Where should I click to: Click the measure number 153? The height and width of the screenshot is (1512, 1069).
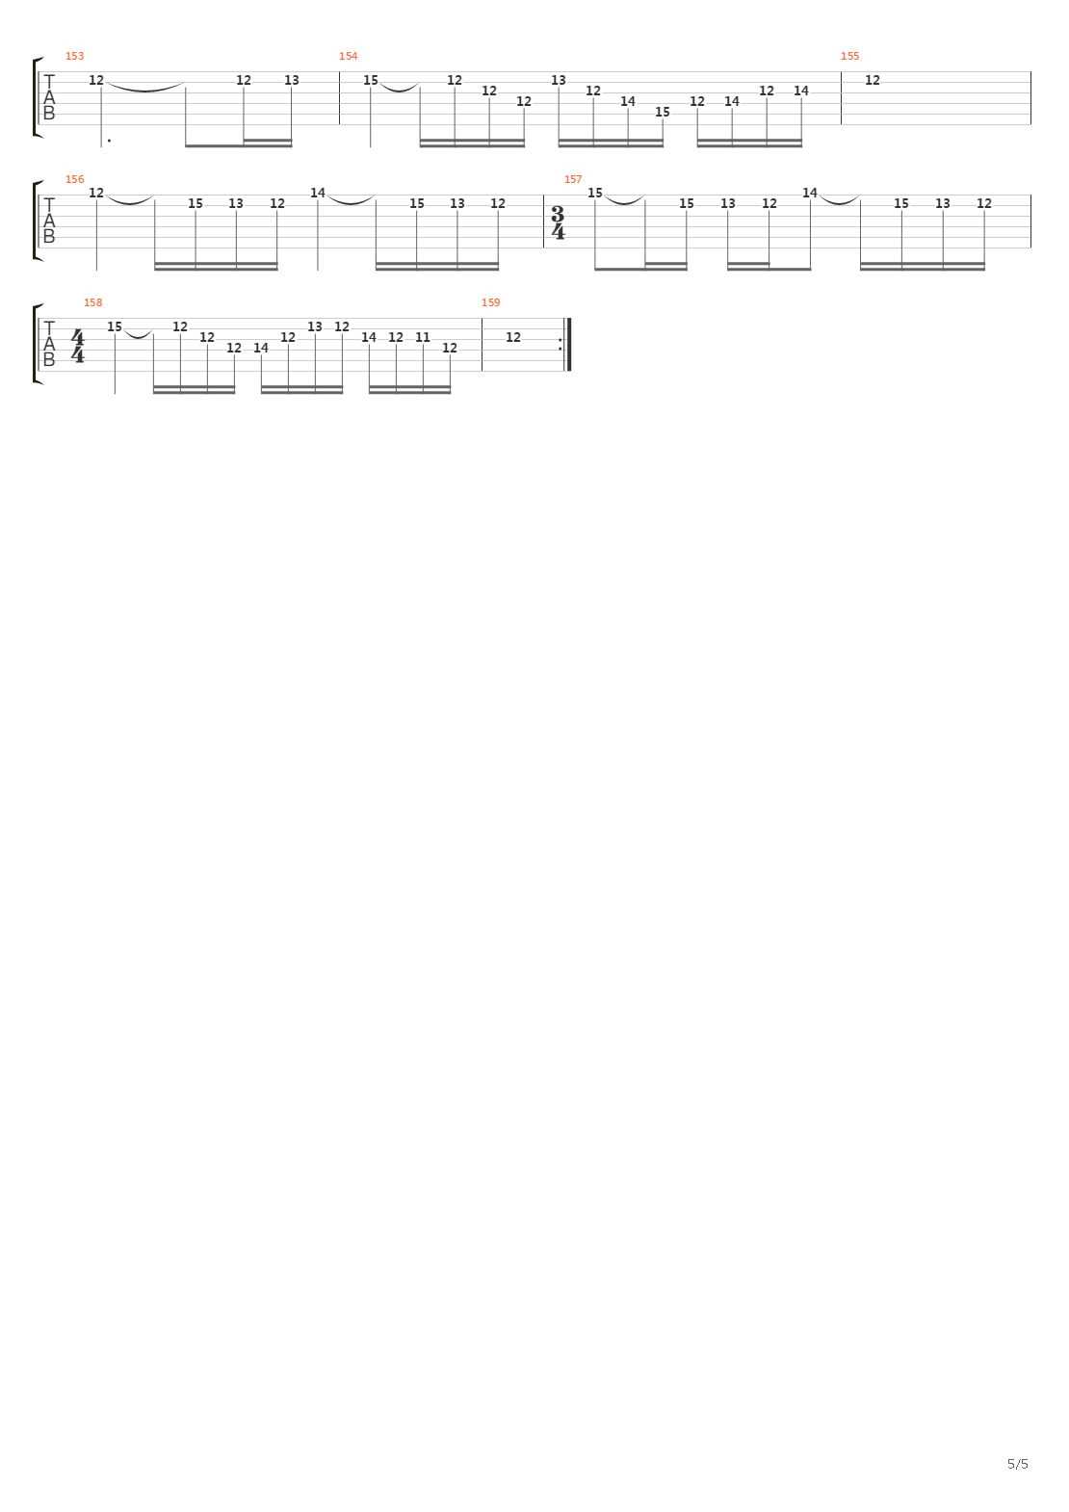pos(74,56)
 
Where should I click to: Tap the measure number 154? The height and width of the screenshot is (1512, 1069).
pos(349,56)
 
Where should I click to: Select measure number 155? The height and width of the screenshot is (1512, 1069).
pos(849,56)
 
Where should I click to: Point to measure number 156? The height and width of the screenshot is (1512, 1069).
pos(74,179)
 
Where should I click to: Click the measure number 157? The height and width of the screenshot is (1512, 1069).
pos(573,179)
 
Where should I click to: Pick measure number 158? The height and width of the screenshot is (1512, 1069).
pos(92,303)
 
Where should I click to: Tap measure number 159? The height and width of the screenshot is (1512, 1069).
pos(490,303)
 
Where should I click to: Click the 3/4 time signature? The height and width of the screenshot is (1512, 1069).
pos(558,223)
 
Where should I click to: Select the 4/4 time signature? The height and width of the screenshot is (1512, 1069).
pos(78,347)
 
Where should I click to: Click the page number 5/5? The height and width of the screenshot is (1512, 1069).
pos(1018,1464)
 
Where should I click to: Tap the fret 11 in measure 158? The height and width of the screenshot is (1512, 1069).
pos(423,337)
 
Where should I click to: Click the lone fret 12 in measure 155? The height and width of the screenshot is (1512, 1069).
pos(872,80)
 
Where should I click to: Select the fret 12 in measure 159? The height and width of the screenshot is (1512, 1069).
pos(513,337)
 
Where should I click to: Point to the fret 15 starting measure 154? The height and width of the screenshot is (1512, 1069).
pos(371,80)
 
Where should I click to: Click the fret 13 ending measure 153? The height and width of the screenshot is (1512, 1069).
pos(292,80)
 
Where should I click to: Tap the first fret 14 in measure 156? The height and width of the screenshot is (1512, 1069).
pos(318,193)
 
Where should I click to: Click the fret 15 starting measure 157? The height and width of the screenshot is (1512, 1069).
pos(594,193)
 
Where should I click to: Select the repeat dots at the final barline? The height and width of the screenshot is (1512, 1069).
pos(561,344)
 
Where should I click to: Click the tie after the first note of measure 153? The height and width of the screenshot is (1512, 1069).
pos(144,87)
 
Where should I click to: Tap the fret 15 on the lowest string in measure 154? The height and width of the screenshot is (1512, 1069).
pos(662,112)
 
